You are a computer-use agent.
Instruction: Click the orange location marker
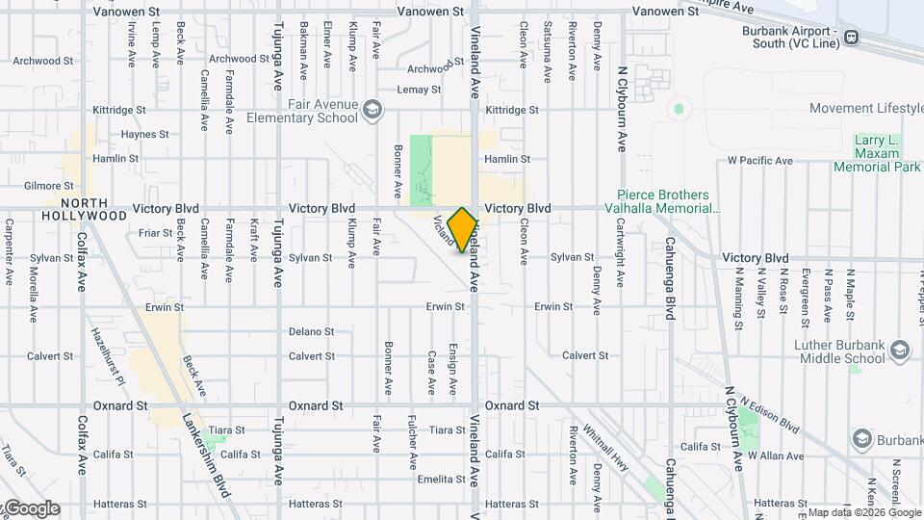point(462,229)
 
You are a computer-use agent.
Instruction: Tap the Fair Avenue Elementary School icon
point(372,112)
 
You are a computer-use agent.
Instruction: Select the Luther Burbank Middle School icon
point(899,349)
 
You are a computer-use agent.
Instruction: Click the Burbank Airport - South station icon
point(851,38)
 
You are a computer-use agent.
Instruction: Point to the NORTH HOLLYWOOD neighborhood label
point(85,209)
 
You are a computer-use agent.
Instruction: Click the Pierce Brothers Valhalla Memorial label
point(663,201)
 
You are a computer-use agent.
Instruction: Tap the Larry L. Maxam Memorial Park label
point(876,154)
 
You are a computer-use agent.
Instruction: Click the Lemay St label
point(419,90)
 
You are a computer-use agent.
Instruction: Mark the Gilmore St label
point(49,186)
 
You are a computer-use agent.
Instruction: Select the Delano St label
point(312,332)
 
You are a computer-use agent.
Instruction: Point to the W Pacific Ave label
point(759,160)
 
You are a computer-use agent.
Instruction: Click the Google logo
point(31,508)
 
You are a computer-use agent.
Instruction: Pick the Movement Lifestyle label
point(866,109)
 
